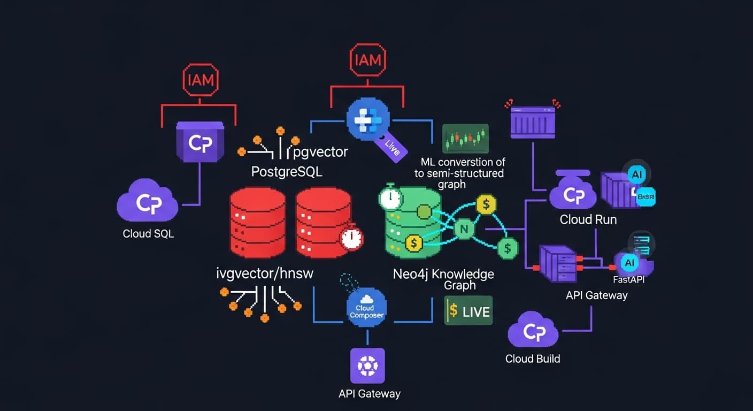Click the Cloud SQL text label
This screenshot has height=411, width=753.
coord(148,234)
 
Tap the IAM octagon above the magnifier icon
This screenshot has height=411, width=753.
coord(368,60)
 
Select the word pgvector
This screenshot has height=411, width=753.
coord(321,152)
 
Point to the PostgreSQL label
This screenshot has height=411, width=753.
coord(287,172)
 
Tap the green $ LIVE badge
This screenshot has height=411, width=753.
coord(468,311)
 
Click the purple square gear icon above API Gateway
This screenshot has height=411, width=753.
coord(367,366)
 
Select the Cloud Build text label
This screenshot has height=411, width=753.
coord(533,359)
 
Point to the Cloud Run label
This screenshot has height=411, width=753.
coord(588,219)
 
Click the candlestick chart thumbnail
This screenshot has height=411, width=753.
coord(465,139)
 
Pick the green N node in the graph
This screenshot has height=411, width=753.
coord(464,230)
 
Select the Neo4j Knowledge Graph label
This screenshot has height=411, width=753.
coord(443,279)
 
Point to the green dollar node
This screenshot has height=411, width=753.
coord(507,247)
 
